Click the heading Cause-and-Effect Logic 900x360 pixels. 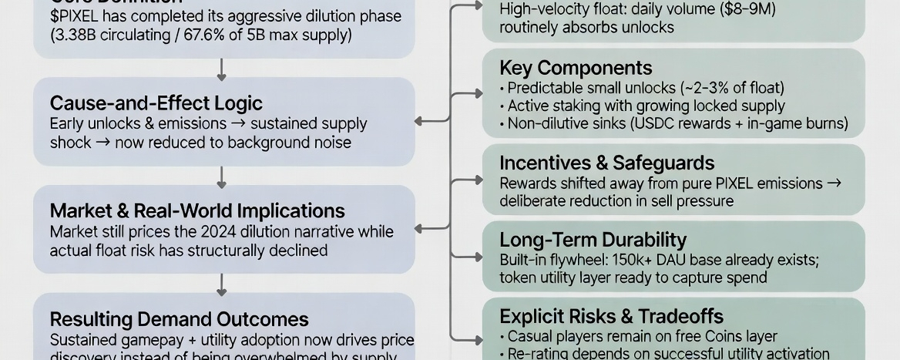coord(156,103)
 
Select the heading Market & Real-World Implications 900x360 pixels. coord(197,210)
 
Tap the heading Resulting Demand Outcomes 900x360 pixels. coord(179,319)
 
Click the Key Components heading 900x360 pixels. coord(576,68)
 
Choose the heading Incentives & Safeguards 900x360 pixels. coord(606,163)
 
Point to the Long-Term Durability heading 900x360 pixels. coord(593,240)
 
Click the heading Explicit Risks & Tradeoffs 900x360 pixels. coord(611,316)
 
